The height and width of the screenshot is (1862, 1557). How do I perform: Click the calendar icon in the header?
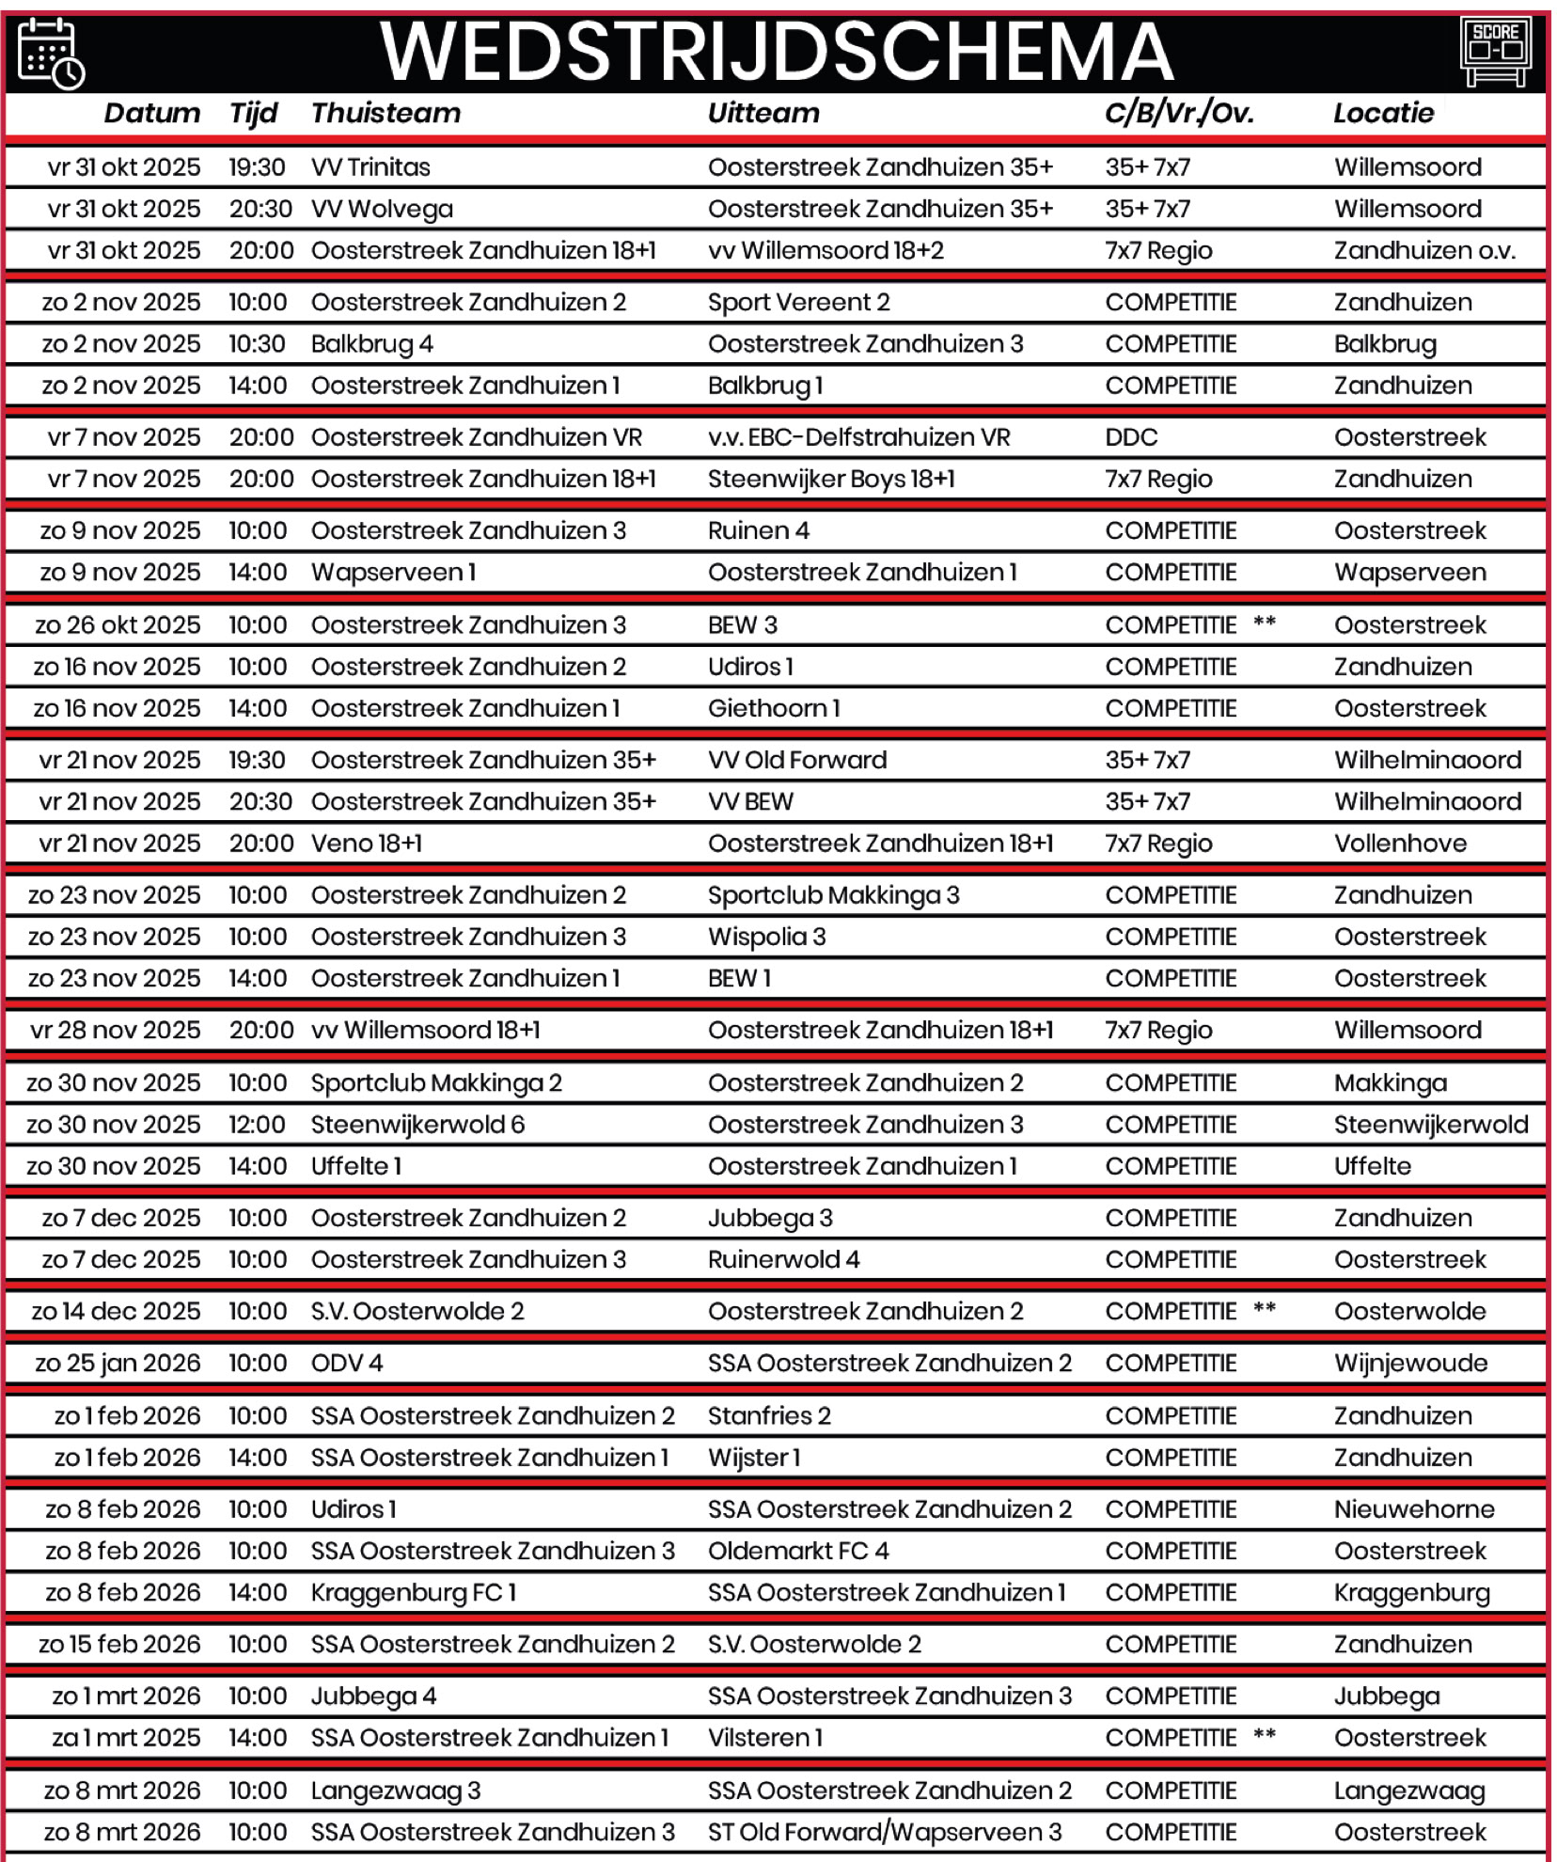pyautogui.click(x=51, y=53)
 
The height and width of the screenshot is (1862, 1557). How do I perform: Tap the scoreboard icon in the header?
pyautogui.click(x=1495, y=51)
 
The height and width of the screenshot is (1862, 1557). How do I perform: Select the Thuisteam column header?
pyautogui.click(x=385, y=114)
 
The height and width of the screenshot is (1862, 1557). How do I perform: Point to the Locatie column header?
pyautogui.click(x=1383, y=114)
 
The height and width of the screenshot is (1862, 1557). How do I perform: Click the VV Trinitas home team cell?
pyautogui.click(x=370, y=167)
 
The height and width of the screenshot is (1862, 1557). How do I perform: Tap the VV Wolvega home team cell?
pyautogui.click(x=382, y=209)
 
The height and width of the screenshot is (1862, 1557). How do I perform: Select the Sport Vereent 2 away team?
pyautogui.click(x=798, y=303)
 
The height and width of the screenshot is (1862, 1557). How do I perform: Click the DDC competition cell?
pyautogui.click(x=1131, y=437)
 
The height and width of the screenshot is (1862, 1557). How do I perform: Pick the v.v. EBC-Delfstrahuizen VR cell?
pyautogui.click(x=858, y=437)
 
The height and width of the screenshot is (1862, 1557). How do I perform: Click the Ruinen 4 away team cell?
pyautogui.click(x=758, y=531)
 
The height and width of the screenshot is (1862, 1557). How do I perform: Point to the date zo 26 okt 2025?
pyautogui.click(x=118, y=625)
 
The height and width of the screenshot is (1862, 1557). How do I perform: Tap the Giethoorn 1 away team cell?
pyautogui.click(x=774, y=708)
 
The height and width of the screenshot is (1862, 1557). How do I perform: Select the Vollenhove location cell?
pyautogui.click(x=1400, y=844)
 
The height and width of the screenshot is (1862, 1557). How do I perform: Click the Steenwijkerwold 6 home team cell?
pyautogui.click(x=417, y=1125)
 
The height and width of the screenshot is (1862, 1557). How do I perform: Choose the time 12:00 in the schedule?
pyautogui.click(x=257, y=1125)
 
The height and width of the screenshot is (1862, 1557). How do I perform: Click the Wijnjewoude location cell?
pyautogui.click(x=1410, y=1364)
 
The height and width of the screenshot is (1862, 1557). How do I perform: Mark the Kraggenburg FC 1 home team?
pyautogui.click(x=414, y=1593)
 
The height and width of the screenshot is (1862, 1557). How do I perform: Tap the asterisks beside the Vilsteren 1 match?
pyautogui.click(x=1265, y=1736)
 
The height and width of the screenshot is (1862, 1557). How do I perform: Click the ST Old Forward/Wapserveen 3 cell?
pyautogui.click(x=884, y=1832)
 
